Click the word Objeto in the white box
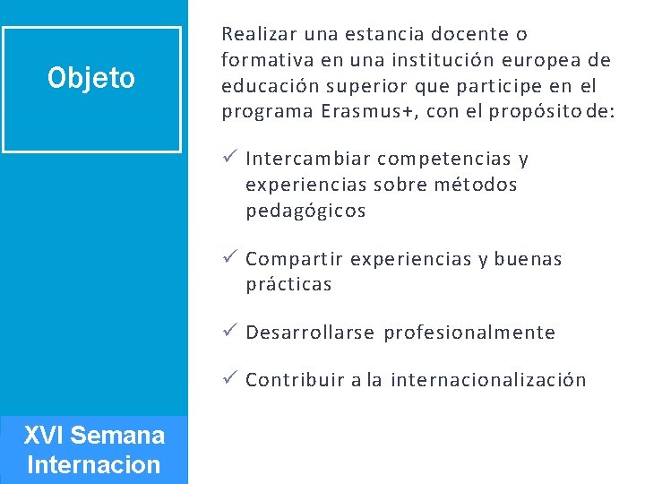pyautogui.click(x=91, y=79)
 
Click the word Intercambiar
pyautogui.click(x=308, y=160)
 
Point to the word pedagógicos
pyautogui.click(x=305, y=212)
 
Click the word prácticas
pyautogui.click(x=288, y=285)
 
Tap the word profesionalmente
pyautogui.click(x=469, y=333)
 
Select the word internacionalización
pyautogui.click(x=488, y=380)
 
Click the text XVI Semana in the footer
pyautogui.click(x=94, y=436)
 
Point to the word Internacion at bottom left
pyautogui.click(x=94, y=466)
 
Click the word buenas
pyautogui.click(x=529, y=260)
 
